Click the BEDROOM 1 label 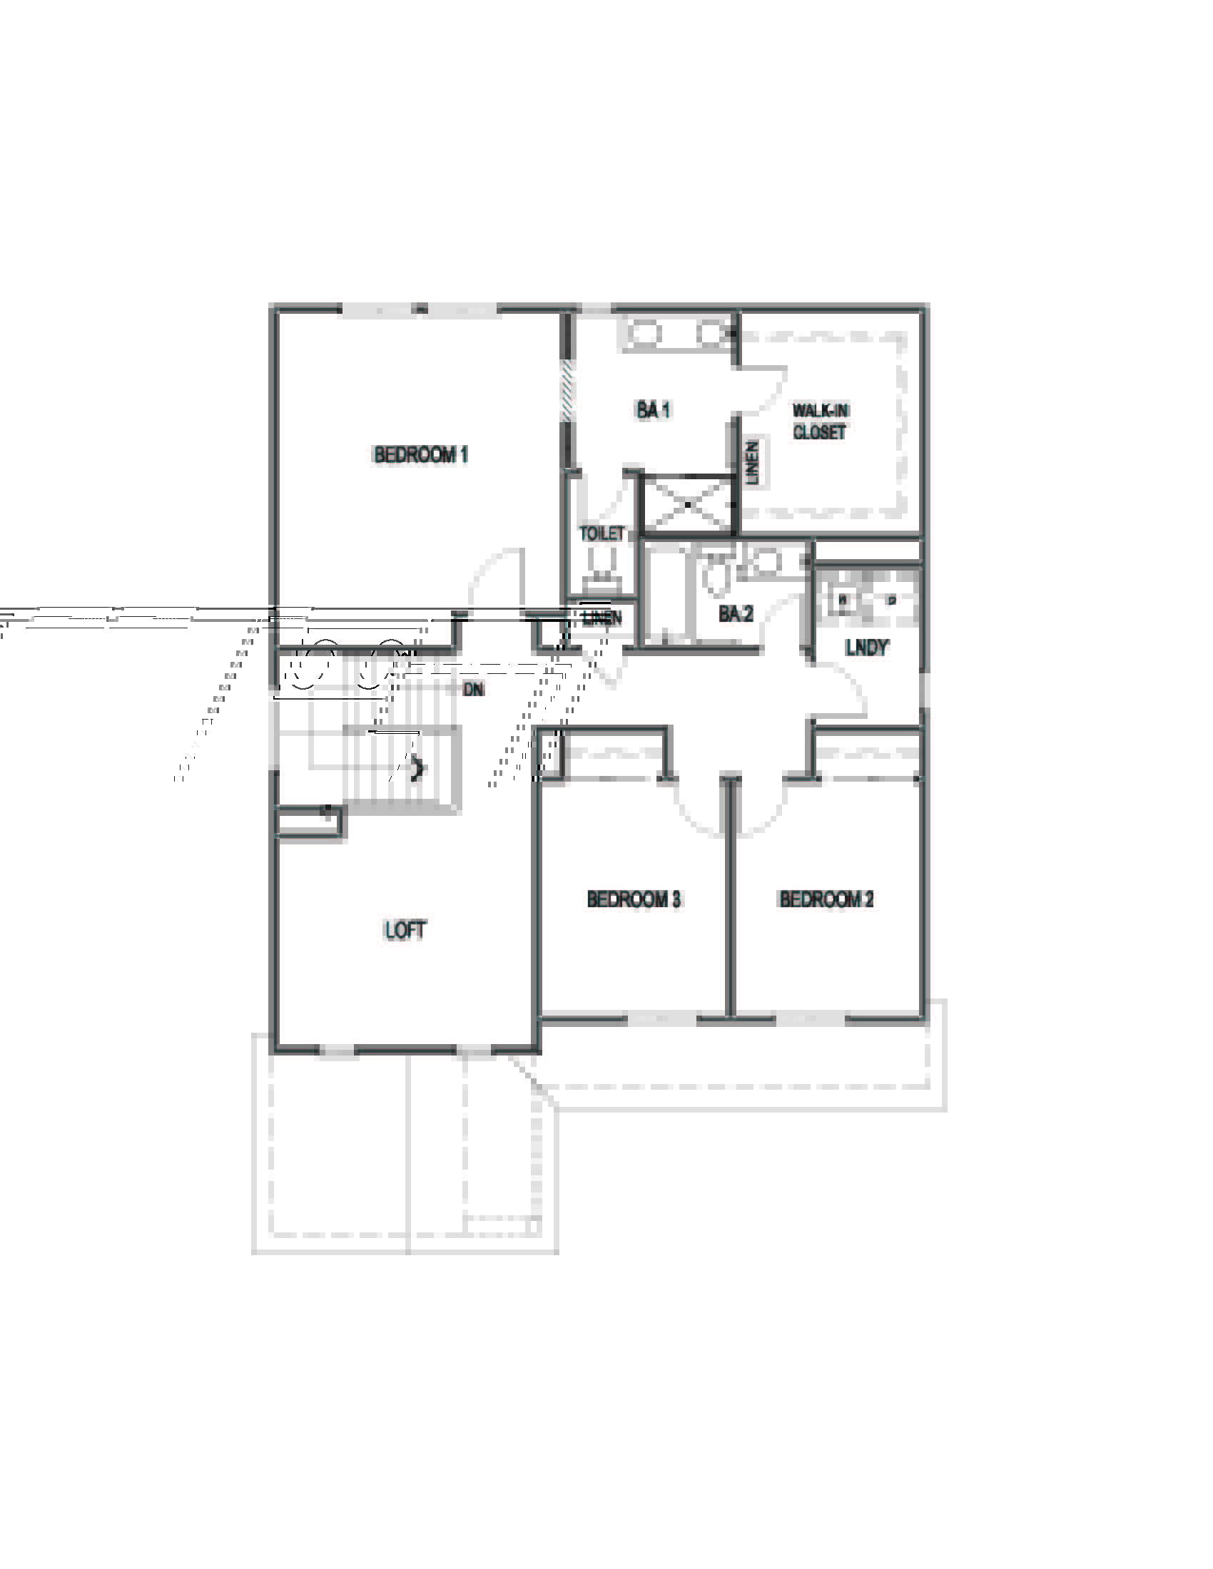pos(420,455)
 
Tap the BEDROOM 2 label pos(826,899)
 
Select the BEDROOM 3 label pos(633,899)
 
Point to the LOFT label pos(405,930)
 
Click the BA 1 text pos(653,409)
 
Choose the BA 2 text pos(735,613)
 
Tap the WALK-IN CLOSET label pos(820,421)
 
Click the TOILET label pos(602,533)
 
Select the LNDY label pos(867,647)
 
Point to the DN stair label pos(473,690)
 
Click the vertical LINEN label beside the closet pos(752,463)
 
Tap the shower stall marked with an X pos(688,504)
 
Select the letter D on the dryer pos(892,600)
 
